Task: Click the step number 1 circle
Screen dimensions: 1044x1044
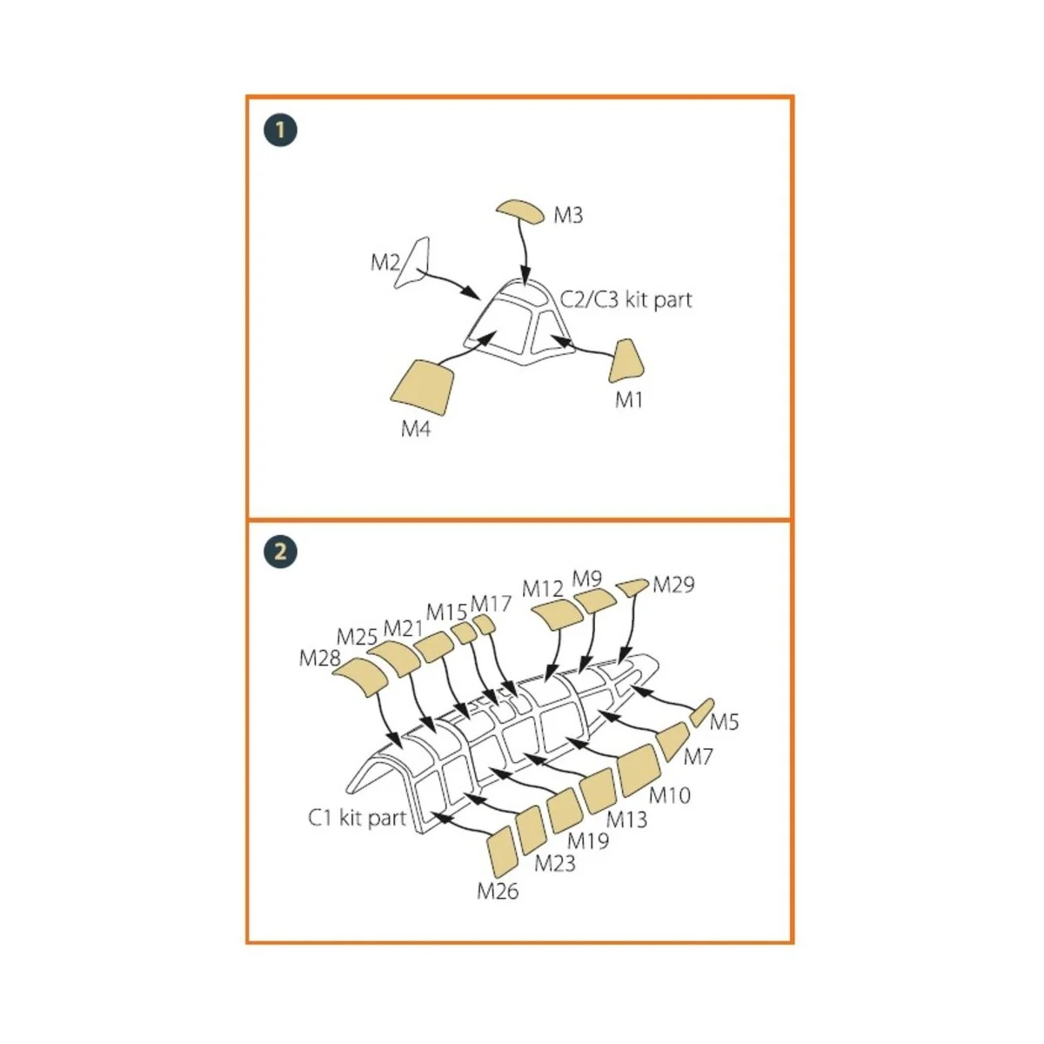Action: (280, 130)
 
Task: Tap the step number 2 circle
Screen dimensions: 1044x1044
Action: (280, 552)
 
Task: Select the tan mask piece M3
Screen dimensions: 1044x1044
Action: (521, 211)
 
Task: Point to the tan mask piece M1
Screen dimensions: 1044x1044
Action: (626, 361)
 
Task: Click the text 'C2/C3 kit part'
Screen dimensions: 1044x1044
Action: (626, 300)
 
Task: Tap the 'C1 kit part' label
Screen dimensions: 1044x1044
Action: (358, 818)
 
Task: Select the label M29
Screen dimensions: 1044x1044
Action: (673, 585)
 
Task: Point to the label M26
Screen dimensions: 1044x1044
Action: (498, 891)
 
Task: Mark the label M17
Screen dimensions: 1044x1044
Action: (491, 604)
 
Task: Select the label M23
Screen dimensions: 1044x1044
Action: (554, 863)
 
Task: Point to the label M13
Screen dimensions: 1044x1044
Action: (626, 819)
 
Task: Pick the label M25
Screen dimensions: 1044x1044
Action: (357, 637)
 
